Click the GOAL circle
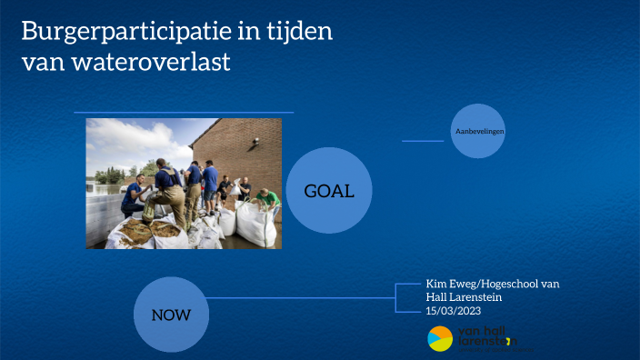(x=329, y=191)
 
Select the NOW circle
(x=170, y=315)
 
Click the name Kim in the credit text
(x=437, y=284)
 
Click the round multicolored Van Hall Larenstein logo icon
(x=440, y=338)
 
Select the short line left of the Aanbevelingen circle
(x=422, y=141)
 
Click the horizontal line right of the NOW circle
(x=300, y=297)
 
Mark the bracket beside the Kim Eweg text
(x=400, y=297)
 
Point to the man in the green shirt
(x=266, y=197)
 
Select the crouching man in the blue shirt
(x=133, y=195)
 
